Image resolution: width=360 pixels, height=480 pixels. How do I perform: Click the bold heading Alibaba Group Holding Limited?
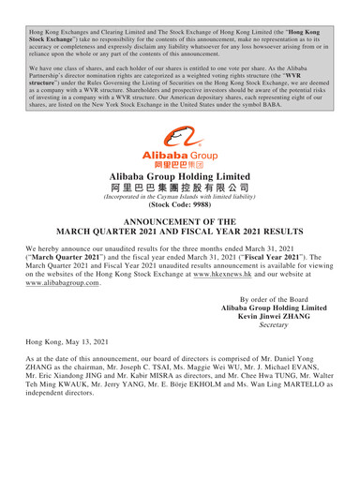pos(180,176)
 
